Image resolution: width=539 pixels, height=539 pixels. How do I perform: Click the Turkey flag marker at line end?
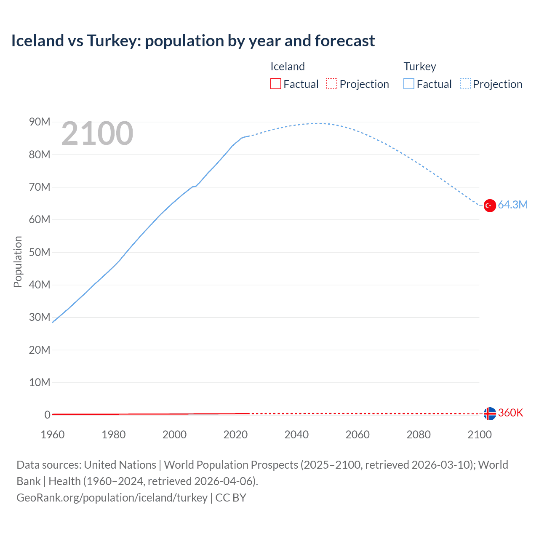[x=489, y=205]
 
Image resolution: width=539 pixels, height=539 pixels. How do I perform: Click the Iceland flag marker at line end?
[x=489, y=414]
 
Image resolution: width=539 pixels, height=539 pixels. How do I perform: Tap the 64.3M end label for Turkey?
[x=512, y=205]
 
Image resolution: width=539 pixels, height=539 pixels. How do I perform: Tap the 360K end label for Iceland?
[x=510, y=413]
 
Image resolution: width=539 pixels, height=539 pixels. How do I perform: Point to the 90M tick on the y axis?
[x=40, y=122]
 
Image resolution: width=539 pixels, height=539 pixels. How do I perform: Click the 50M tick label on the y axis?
[x=40, y=252]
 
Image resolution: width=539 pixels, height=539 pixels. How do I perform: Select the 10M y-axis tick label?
[x=40, y=382]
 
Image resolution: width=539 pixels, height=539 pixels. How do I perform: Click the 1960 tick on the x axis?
[x=53, y=435]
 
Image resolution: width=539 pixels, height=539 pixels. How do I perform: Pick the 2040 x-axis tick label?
[x=296, y=435]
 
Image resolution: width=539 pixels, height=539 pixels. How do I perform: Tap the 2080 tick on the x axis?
[x=419, y=435]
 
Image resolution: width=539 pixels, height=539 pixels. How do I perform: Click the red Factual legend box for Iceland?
[x=275, y=84]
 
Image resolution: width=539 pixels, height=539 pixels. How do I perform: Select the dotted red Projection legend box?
[x=332, y=84]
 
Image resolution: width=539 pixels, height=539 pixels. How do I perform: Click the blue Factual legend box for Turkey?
[x=408, y=84]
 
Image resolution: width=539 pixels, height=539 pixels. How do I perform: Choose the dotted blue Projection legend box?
[x=465, y=84]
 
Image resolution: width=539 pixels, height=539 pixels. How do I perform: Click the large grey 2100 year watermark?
[x=97, y=134]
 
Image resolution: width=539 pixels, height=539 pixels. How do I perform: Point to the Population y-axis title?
[x=18, y=261]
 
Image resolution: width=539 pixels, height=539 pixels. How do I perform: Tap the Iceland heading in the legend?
[x=287, y=67]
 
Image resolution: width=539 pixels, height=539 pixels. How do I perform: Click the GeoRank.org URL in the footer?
[x=112, y=498]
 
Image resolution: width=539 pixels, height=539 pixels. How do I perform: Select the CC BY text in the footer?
[x=231, y=498]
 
